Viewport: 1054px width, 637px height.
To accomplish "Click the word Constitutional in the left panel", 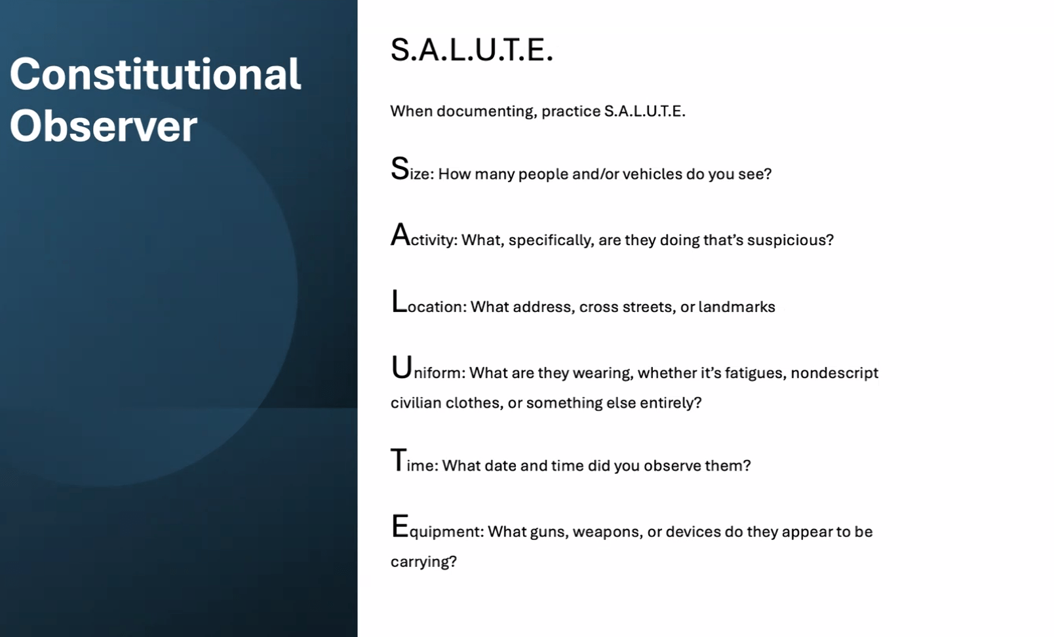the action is tap(155, 73).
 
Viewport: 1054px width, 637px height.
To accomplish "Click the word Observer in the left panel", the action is tap(104, 126).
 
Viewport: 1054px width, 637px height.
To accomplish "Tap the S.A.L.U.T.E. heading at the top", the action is tap(472, 49).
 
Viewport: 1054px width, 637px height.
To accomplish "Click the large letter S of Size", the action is tap(400, 168).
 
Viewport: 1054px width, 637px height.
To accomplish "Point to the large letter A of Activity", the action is tap(400, 235).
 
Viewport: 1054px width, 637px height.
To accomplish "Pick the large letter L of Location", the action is tap(399, 301).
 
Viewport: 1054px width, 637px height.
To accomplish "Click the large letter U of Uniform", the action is tap(402, 367).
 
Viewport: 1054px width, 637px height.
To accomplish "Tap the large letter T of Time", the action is tap(399, 459).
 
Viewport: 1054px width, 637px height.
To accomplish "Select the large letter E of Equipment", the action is tap(400, 526).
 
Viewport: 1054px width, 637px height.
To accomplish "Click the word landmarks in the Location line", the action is tap(737, 307).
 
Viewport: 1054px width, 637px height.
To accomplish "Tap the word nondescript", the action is tap(834, 373).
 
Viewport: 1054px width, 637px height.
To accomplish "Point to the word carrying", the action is tap(423, 562).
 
